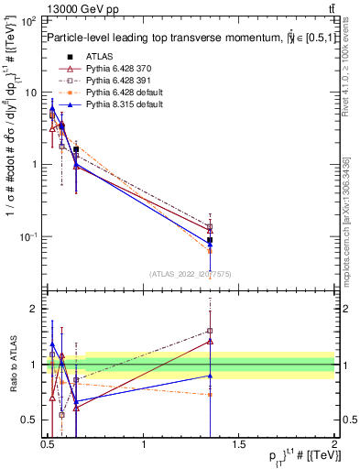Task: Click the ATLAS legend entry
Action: pyautogui.click(x=97, y=58)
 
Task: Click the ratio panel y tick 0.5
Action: pyautogui.click(x=30, y=420)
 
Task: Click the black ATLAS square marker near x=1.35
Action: pyautogui.click(x=211, y=240)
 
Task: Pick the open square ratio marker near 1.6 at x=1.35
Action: pyautogui.click(x=211, y=331)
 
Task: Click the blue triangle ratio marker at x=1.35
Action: pyautogui.click(x=211, y=376)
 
